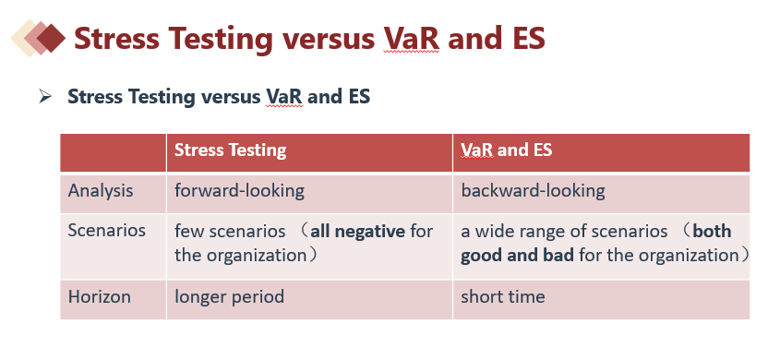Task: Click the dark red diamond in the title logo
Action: pos(51,38)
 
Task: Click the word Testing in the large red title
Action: pos(221,38)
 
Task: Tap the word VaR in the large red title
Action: pos(412,38)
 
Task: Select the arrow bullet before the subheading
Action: pos(45,97)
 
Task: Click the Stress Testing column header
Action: pos(230,150)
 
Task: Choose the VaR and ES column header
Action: pos(507,150)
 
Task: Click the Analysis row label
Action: pos(101,190)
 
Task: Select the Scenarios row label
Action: pos(107,230)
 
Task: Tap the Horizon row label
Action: pos(100,297)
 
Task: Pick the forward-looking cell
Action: pos(239,190)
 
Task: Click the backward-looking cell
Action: pos(533,190)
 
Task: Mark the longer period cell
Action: pos(229,297)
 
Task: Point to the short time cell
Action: pos(503,297)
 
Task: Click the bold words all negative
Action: pos(357,231)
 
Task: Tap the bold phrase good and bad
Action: pos(517,256)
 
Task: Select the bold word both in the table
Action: pos(713,231)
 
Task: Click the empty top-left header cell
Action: pos(114,153)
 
